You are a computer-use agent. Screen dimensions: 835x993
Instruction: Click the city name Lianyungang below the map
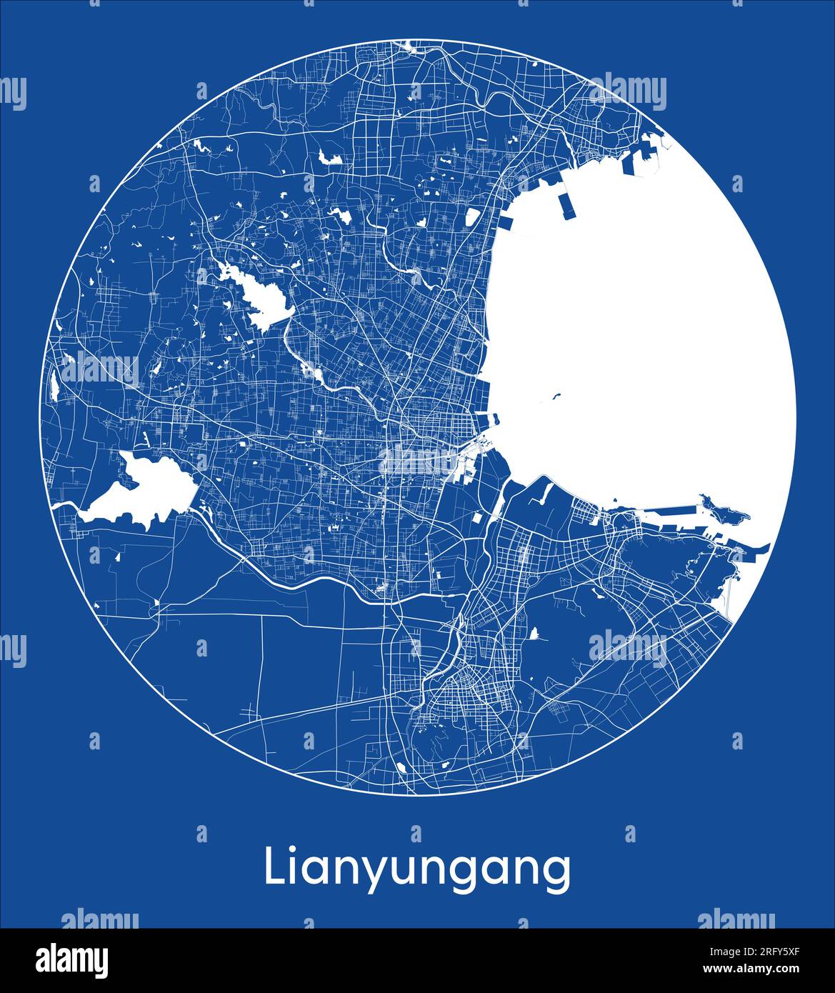pyautogui.click(x=417, y=869)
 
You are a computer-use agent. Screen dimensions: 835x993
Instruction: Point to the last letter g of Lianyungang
pyautogui.click(x=557, y=873)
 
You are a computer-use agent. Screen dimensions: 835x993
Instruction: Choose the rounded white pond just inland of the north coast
pyautogui.click(x=472, y=218)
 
